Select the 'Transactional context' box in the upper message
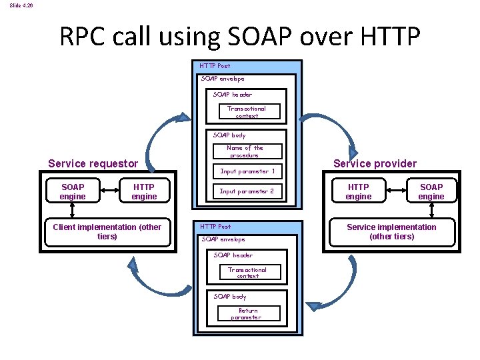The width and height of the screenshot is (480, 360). [246, 112]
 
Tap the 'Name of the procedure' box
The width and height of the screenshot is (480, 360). [245, 152]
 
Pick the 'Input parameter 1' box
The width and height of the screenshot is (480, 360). [247, 171]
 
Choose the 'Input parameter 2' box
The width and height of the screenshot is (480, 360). [247, 191]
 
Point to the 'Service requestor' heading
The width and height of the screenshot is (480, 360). [93, 163]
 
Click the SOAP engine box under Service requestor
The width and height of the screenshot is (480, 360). [73, 191]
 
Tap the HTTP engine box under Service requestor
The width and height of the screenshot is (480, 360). [144, 191]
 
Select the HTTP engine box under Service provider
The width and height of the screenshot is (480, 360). [358, 191]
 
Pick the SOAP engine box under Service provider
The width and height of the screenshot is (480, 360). [431, 191]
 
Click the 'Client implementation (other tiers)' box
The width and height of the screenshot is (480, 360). [107, 231]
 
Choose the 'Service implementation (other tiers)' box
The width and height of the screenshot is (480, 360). [391, 231]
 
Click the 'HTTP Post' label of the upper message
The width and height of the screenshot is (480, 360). [215, 66]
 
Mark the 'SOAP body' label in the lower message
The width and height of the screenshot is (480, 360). [230, 297]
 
